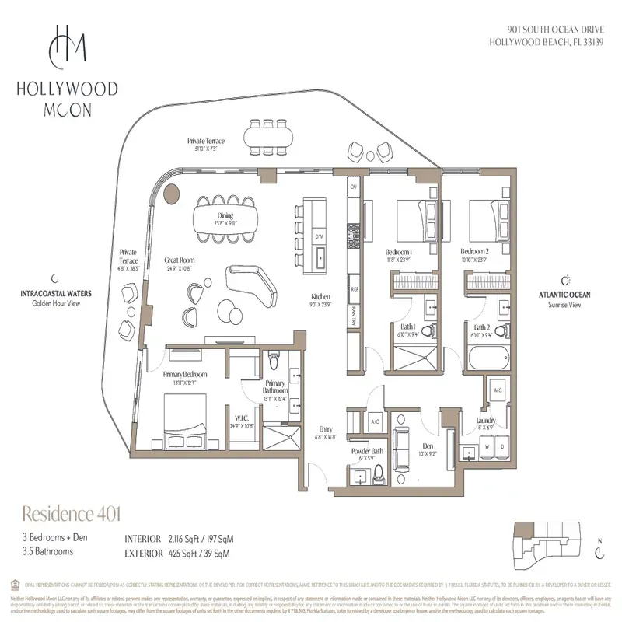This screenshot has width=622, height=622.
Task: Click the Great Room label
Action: (x=178, y=261)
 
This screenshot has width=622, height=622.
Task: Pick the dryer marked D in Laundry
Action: (x=501, y=447)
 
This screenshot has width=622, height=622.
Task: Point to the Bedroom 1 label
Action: (x=399, y=253)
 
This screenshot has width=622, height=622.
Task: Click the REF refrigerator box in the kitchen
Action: (x=354, y=288)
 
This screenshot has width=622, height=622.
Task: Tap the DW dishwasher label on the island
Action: (x=319, y=236)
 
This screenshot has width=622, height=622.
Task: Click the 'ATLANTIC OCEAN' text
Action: (x=564, y=295)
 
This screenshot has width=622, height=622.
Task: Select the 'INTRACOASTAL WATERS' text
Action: (x=57, y=294)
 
